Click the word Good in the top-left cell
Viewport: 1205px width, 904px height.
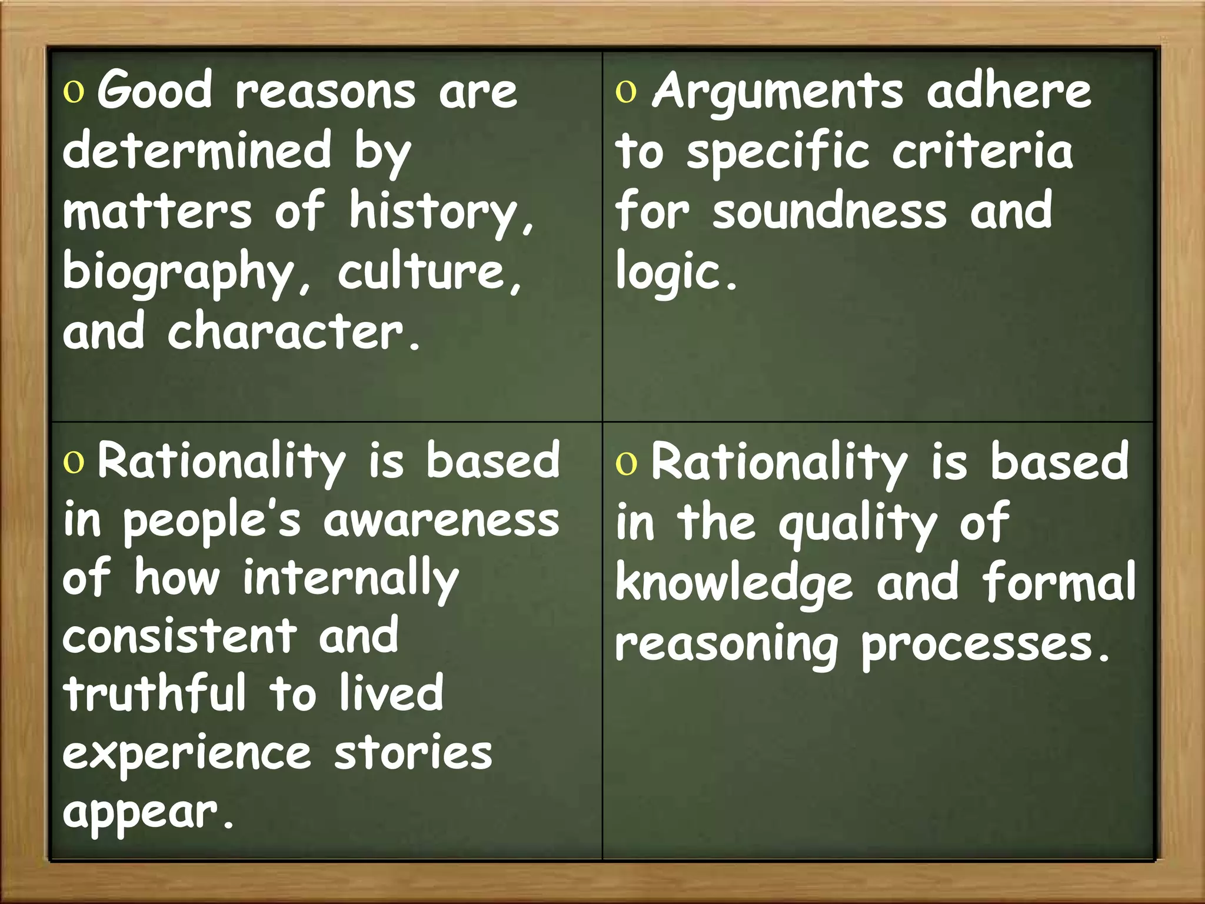click(154, 90)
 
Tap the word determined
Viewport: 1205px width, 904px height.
click(197, 151)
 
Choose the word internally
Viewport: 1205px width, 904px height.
click(350, 580)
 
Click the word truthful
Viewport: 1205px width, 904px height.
click(155, 694)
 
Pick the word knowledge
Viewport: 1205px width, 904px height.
click(734, 583)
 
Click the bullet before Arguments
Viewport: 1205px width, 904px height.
click(626, 92)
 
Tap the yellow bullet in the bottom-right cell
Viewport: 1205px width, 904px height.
click(626, 464)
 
